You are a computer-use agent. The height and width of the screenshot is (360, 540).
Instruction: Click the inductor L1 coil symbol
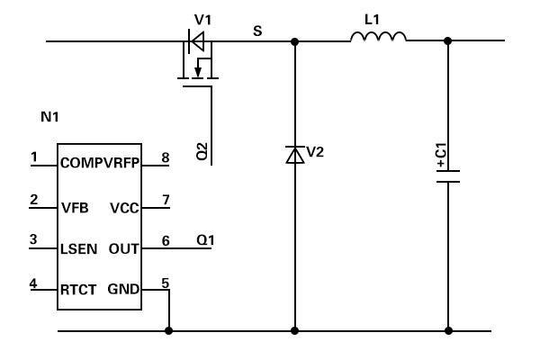[378, 37]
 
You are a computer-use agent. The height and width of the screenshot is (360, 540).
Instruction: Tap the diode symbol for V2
[295, 155]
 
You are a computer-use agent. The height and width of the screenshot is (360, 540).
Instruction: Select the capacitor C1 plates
[448, 176]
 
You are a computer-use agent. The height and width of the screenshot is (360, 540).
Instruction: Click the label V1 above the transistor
[202, 20]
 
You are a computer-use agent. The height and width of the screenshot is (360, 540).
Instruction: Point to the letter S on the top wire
[257, 31]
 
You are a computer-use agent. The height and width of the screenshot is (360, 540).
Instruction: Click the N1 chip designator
[49, 117]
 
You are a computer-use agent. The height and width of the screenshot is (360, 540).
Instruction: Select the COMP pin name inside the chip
[82, 163]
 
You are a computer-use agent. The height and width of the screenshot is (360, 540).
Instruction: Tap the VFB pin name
[75, 208]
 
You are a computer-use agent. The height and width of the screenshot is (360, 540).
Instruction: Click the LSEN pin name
[78, 248]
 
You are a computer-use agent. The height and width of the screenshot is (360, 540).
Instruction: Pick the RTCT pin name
[78, 290]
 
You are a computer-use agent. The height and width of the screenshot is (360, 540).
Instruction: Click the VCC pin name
[124, 208]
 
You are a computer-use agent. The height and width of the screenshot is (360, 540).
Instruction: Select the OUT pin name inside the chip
[123, 248]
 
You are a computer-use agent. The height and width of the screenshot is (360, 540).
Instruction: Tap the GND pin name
[123, 289]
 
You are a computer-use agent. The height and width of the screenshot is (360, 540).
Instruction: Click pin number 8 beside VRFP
[166, 157]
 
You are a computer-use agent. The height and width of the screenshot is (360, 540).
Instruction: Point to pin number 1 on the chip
[34, 157]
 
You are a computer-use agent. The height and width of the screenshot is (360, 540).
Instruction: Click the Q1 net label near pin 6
[205, 239]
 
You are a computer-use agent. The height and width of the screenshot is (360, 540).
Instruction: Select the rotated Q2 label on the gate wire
[202, 151]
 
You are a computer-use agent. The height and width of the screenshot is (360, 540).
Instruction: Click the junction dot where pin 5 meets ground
[169, 330]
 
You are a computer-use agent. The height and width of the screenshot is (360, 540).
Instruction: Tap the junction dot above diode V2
[295, 41]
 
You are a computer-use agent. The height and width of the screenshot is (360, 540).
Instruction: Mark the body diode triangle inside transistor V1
[198, 41]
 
